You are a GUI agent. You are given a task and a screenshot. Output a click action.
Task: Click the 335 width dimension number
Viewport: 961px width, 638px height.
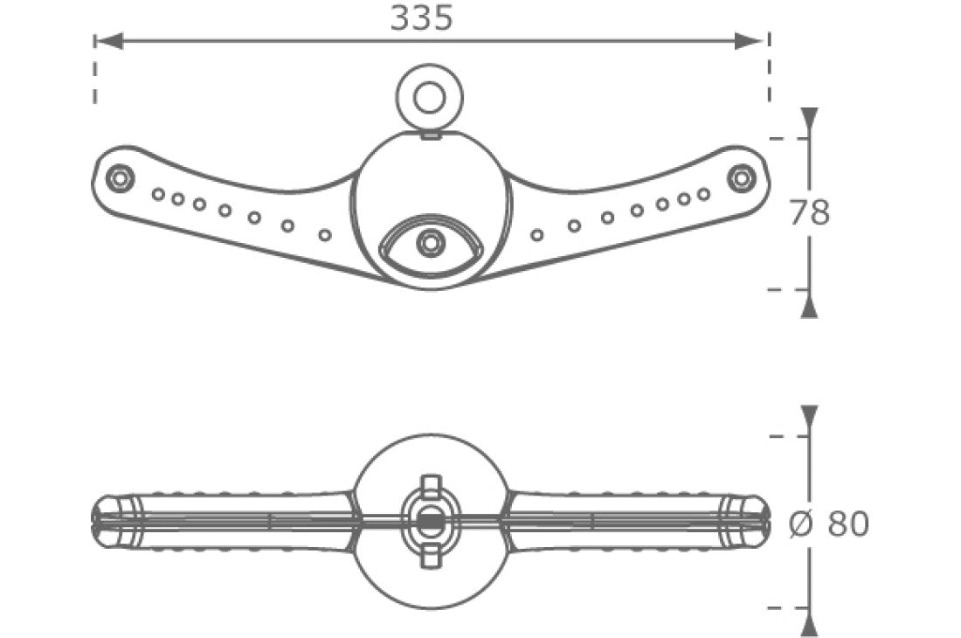[x=421, y=17]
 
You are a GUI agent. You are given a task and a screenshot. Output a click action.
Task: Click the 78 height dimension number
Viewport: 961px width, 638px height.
[x=809, y=212]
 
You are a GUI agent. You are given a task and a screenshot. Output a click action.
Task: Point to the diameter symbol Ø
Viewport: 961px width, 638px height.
[x=801, y=524]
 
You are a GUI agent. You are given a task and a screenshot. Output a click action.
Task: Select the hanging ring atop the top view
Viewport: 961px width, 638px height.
[x=428, y=98]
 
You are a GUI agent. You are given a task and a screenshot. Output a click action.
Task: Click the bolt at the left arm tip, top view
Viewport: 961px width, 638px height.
[x=118, y=178]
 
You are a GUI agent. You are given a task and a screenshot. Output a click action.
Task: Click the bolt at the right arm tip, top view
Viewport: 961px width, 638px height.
[x=741, y=177]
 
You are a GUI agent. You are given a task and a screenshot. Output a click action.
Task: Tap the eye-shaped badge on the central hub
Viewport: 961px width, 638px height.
[x=429, y=244]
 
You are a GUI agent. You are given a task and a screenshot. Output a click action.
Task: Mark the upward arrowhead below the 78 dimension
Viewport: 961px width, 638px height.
[x=810, y=305]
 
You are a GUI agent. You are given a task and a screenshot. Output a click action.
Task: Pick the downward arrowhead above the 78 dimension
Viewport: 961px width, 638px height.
[x=810, y=121]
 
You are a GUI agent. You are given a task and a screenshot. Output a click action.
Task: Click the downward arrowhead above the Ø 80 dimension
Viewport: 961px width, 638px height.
[x=810, y=419]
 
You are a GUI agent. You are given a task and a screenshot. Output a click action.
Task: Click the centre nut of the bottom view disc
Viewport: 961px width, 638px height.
[x=428, y=519]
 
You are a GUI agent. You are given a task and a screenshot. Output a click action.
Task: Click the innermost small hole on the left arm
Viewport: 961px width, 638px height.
[x=325, y=234]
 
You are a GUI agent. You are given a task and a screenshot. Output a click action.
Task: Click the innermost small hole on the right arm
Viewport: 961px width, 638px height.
[x=537, y=234]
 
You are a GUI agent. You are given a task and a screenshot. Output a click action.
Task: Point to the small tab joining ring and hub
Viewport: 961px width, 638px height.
[x=429, y=134]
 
